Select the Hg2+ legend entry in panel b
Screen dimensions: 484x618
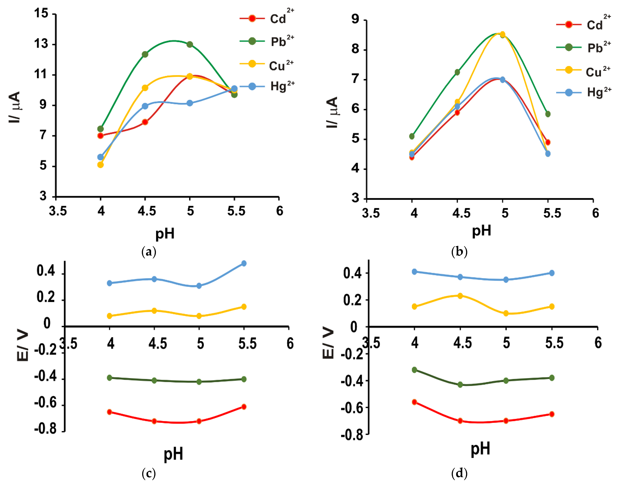point(583,92)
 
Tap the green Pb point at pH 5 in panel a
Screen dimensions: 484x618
point(190,45)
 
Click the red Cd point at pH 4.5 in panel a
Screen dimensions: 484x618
point(145,122)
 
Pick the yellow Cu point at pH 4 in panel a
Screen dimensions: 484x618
point(100,165)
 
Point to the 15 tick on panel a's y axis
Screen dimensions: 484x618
point(41,13)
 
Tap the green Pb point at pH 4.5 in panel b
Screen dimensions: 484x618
point(457,72)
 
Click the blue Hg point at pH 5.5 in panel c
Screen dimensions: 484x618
point(244,263)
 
